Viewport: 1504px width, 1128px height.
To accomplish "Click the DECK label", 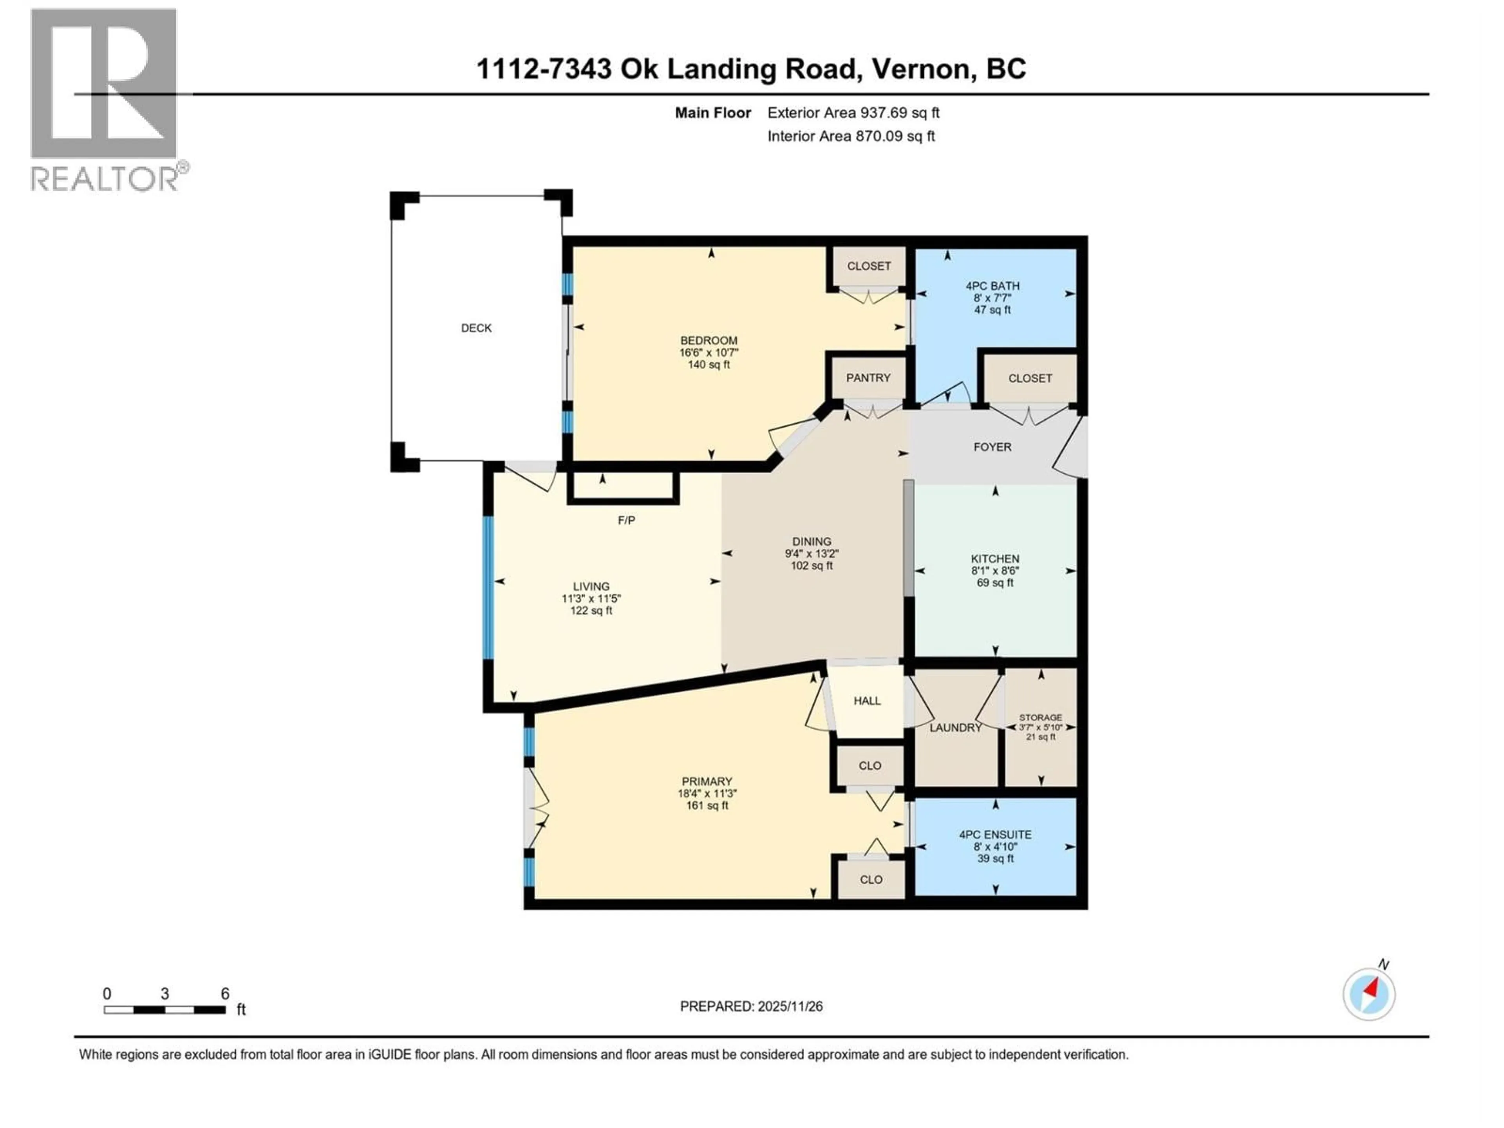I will (x=476, y=328).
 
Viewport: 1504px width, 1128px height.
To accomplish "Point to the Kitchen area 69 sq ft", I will (x=995, y=583).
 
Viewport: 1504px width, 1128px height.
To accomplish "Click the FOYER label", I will (x=992, y=447).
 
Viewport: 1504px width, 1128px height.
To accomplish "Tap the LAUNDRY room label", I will (x=955, y=728).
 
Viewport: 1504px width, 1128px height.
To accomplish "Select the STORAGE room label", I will (x=1040, y=717).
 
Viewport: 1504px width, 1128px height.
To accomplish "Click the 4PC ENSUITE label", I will (x=995, y=834).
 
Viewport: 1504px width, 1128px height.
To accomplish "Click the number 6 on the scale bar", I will (x=225, y=993).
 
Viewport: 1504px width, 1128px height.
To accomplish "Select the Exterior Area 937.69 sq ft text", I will (x=853, y=113).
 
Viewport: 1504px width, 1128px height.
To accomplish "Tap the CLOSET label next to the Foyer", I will (x=1029, y=378).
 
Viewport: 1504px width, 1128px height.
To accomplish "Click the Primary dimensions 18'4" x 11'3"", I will (x=707, y=794).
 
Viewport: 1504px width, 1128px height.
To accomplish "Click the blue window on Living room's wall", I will (x=488, y=588).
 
